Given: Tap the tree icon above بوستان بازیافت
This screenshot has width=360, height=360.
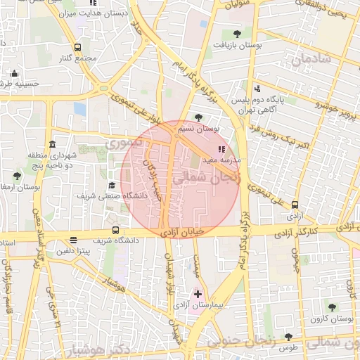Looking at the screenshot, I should point(237,33).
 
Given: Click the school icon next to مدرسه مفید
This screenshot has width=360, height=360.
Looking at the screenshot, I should point(222,149).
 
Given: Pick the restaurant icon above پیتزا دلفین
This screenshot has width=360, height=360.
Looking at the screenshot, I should point(74,239).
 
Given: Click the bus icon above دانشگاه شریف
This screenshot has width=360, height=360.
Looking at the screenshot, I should point(115,230).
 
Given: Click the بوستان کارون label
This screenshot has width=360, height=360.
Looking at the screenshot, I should point(335,319).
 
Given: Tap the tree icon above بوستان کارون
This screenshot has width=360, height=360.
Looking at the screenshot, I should point(332,307).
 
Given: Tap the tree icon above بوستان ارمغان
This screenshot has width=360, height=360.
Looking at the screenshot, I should point(17,175).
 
